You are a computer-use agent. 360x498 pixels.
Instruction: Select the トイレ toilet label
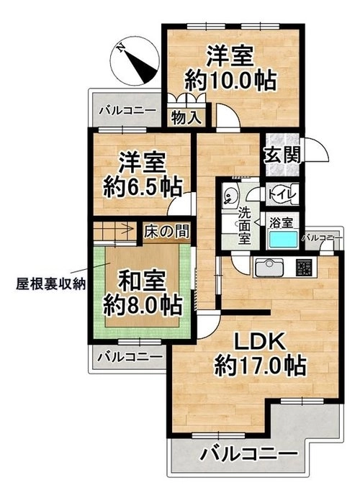tap(282, 194)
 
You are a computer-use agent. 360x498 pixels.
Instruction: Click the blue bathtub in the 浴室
tap(284, 239)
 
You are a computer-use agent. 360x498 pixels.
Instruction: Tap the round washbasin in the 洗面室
tap(229, 195)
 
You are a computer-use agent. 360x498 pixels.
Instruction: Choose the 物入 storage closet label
tap(186, 118)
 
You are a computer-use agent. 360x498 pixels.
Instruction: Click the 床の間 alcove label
tap(166, 231)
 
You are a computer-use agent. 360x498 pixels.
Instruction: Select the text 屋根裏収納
tap(51, 284)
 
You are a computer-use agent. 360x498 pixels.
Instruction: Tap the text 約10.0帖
tap(230, 81)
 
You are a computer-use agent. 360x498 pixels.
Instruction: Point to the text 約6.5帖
tap(143, 187)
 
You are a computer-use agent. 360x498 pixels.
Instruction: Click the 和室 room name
tap(142, 281)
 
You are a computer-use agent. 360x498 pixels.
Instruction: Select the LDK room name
tap(258, 342)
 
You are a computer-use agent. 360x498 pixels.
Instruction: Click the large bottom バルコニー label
tap(249, 453)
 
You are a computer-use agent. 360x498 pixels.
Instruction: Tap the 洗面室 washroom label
tap(244, 225)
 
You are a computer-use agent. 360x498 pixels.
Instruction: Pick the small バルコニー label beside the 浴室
tap(323, 237)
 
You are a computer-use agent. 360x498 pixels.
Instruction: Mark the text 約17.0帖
tap(260, 366)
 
